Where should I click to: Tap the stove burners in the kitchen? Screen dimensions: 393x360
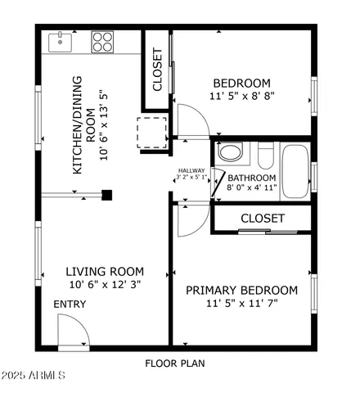point(102,41)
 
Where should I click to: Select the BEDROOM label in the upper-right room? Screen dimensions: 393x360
point(241,83)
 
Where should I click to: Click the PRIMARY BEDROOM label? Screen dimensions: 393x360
point(241,290)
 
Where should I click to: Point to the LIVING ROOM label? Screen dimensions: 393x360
point(105,272)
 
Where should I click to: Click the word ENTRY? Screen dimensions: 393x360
point(70,305)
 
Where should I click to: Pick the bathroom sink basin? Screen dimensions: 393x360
point(231,153)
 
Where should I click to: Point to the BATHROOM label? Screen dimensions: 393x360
point(252,178)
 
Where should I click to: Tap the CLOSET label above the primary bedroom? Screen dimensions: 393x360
point(262,219)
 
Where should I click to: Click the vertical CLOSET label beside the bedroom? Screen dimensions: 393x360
point(158,70)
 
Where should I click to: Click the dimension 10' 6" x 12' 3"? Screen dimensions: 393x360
point(105,285)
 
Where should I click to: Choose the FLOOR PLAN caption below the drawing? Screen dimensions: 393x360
point(175,363)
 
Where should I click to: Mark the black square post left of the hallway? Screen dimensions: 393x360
point(106,195)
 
